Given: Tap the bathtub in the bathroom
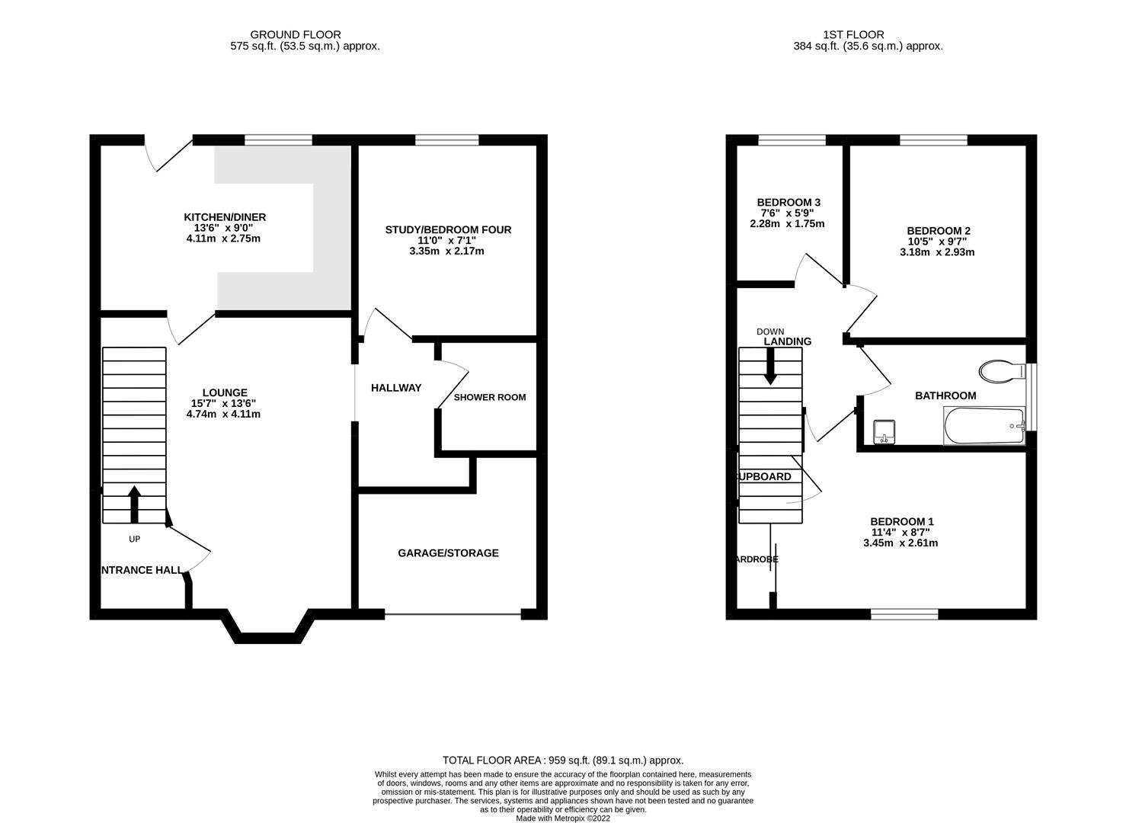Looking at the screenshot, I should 984,426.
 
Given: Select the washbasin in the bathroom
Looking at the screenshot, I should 884,431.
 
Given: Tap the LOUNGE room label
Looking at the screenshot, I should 225,392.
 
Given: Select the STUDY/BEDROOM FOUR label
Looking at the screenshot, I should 448,229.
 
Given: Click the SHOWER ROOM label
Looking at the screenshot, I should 489,397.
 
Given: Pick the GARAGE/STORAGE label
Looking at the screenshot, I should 448,552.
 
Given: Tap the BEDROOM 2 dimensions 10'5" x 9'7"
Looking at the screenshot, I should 938,242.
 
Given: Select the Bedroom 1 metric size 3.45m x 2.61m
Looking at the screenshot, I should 900,543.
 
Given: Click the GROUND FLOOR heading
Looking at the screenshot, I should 296,34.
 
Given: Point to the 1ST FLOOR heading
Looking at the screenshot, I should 853,34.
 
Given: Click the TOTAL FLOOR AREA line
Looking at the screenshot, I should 563,760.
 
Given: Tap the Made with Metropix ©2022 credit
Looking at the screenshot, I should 563,818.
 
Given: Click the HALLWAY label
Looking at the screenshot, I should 395,388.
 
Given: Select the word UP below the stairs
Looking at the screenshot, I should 134,539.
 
